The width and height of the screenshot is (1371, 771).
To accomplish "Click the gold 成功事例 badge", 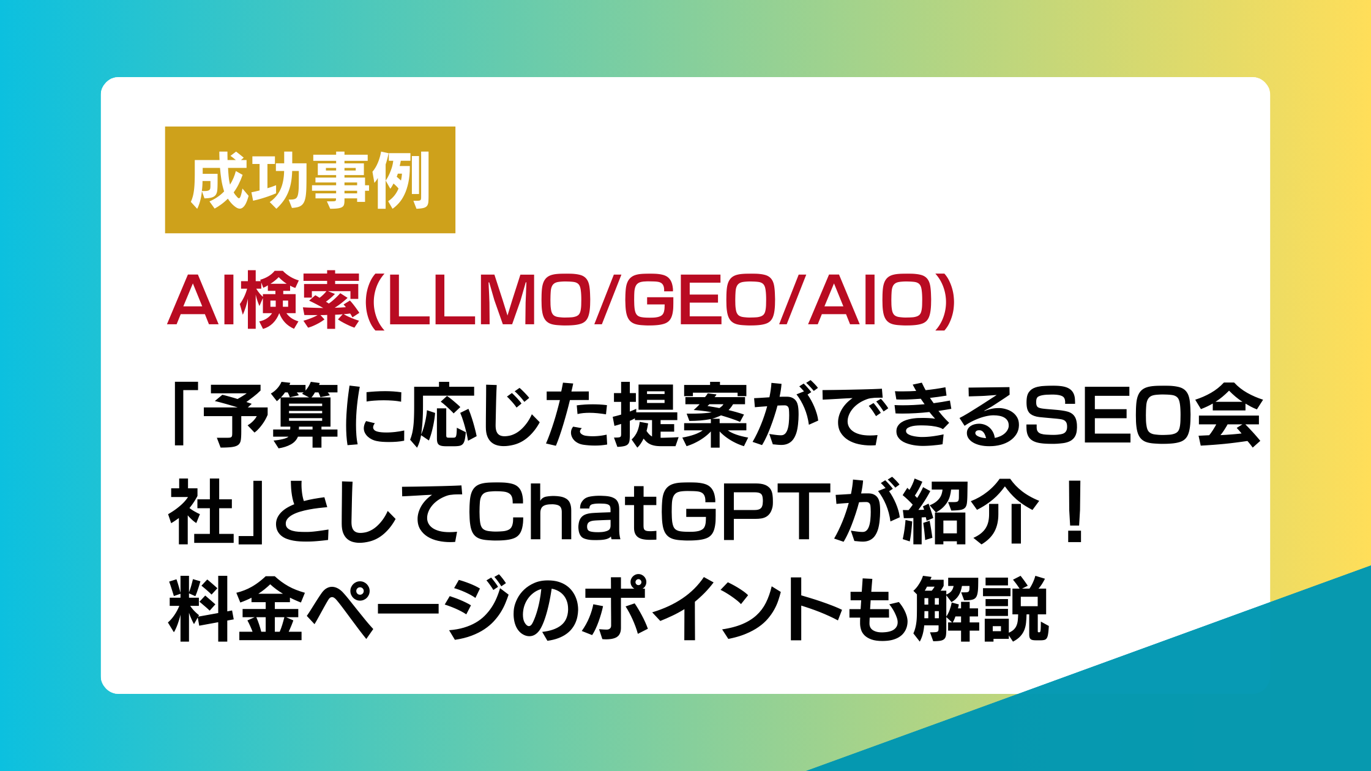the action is [x=310, y=180].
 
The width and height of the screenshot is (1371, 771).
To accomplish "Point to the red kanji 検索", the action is [x=299, y=301].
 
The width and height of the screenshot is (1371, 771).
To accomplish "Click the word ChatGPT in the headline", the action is [x=649, y=512].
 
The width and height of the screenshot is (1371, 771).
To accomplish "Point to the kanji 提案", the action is [x=679, y=415].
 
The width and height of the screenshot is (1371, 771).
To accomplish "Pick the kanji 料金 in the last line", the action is [x=236, y=608].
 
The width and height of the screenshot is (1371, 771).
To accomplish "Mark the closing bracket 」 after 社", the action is [x=252, y=512].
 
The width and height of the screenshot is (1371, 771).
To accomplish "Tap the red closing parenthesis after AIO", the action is [x=945, y=301].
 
